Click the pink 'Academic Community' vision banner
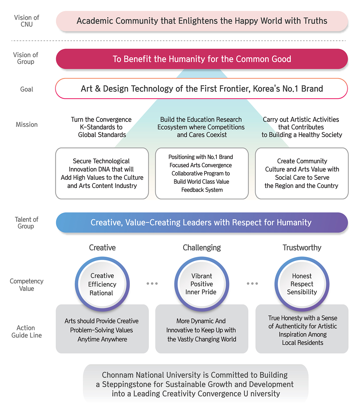coord(202,21)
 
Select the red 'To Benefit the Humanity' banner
coord(202,59)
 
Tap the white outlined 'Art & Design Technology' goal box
coord(202,89)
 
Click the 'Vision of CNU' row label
coord(27,21)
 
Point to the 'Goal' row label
coord(27,89)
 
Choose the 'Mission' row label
coord(27,124)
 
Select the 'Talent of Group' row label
coord(26,223)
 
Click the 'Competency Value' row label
coord(27,285)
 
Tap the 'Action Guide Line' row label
coord(27,332)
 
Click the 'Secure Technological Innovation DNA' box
coord(102,173)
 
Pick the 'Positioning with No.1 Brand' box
coord(202,173)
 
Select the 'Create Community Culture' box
coord(301,173)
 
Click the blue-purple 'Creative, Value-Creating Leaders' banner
coord(202,223)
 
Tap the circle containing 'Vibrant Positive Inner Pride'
coord(201,284)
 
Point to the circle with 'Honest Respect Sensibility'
coord(302,284)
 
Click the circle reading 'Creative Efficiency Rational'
coord(102,284)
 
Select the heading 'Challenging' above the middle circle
coord(202,248)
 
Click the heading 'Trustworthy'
coord(302,248)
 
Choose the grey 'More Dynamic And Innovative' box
coord(202,330)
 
